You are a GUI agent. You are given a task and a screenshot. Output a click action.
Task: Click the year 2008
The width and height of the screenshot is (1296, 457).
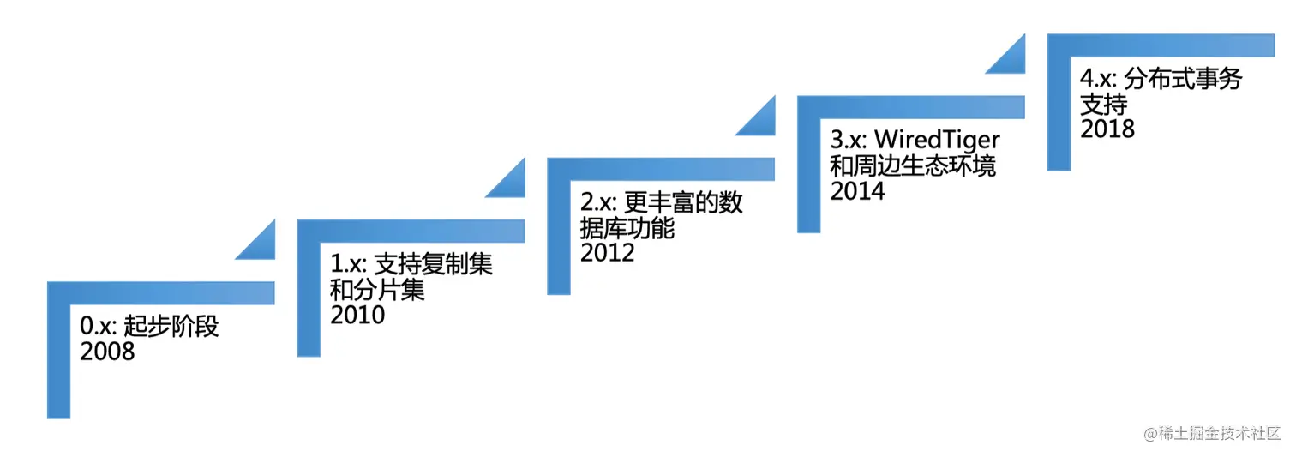pyautogui.click(x=107, y=351)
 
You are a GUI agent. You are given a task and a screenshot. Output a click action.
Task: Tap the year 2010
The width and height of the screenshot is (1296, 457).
pyautogui.click(x=357, y=315)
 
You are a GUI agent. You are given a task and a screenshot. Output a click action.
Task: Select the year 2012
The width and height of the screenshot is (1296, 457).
pyautogui.click(x=608, y=252)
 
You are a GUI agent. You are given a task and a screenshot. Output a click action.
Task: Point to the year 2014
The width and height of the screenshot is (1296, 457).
pyautogui.click(x=857, y=189)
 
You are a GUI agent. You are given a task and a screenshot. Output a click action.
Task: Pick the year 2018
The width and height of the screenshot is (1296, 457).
pyautogui.click(x=1107, y=128)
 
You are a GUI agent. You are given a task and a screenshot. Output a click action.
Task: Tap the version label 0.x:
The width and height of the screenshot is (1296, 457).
pyautogui.click(x=99, y=327)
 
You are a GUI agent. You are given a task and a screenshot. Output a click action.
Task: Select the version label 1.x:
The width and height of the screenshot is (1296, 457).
pyautogui.click(x=349, y=265)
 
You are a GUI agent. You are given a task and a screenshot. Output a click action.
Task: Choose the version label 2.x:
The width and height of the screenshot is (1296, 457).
pyautogui.click(x=599, y=203)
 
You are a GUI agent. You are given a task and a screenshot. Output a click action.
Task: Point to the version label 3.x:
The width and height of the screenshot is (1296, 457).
pyautogui.click(x=849, y=141)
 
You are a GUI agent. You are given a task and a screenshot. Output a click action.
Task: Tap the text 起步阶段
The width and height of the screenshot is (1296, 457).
pyautogui.click(x=171, y=327)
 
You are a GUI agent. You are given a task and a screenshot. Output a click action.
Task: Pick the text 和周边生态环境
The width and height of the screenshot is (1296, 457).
pyautogui.click(x=913, y=165)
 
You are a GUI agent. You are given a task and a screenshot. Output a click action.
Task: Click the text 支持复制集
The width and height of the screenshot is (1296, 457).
pyautogui.click(x=434, y=265)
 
